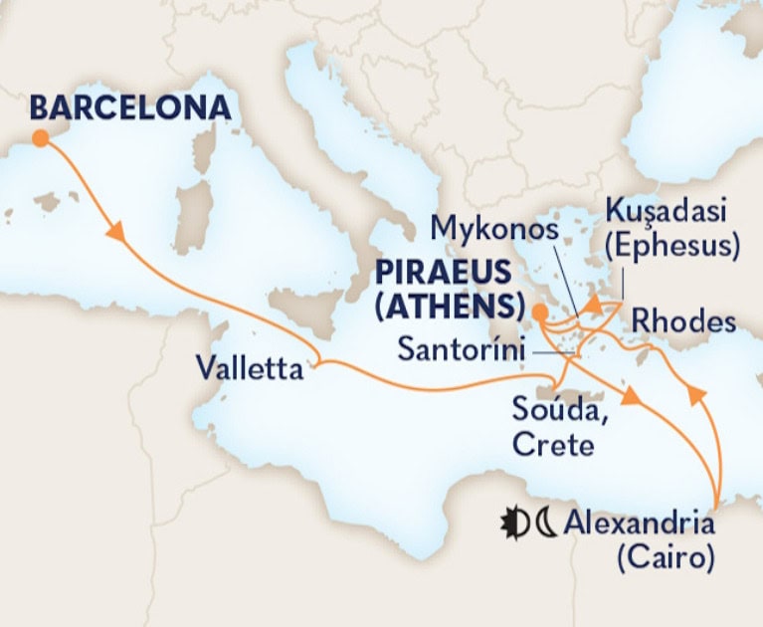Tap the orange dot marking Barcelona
click(40, 139)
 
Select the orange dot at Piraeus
click(538, 313)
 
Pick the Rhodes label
click(683, 321)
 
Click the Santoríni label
click(461, 349)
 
